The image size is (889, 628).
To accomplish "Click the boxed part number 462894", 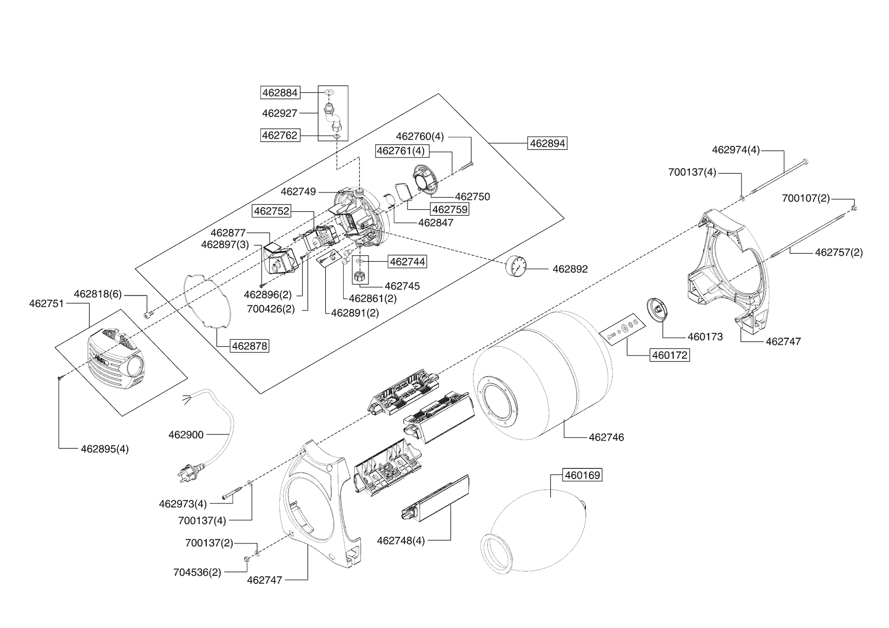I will click(547, 143).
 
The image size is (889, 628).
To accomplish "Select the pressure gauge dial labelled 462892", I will click(516, 265).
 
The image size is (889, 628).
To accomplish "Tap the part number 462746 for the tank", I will click(606, 437).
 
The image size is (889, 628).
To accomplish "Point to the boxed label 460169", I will click(582, 475).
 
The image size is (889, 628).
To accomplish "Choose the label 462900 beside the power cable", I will click(186, 435).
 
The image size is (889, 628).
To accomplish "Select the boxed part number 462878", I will click(249, 346).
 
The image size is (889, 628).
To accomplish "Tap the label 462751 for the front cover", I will click(47, 304).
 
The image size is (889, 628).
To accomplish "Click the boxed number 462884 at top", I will click(280, 93).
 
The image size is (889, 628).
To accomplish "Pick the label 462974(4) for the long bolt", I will click(736, 150).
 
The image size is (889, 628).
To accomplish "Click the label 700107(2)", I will click(806, 199).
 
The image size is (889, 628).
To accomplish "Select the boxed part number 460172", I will click(670, 355).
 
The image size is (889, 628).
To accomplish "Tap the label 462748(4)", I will click(401, 540).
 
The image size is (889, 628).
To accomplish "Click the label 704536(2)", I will click(197, 573).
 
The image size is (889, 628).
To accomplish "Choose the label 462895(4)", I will click(105, 449).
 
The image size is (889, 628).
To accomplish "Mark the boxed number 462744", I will click(407, 261).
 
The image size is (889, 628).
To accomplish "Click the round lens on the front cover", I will click(135, 365).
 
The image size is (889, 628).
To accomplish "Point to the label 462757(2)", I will click(838, 252).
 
